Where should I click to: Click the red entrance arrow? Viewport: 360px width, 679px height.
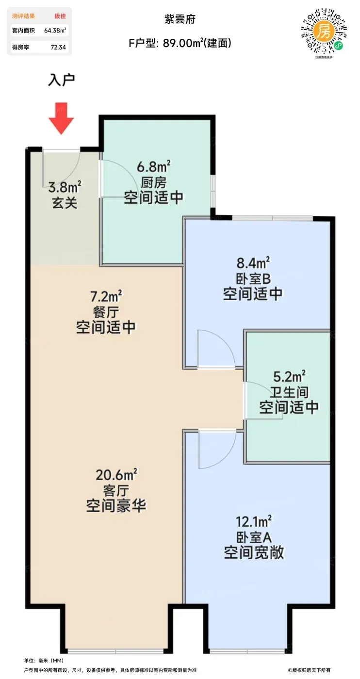61,118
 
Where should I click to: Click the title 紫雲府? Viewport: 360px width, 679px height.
180,19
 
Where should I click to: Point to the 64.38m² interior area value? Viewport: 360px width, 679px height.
55,30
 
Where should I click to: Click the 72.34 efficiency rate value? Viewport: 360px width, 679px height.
58,48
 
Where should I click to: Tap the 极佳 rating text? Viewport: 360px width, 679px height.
60,16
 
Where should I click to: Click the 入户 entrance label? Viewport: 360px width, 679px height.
61,80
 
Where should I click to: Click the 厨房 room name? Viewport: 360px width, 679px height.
153,183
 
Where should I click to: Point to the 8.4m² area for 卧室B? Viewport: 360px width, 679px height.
253,262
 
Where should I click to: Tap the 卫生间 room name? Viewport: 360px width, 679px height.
289,392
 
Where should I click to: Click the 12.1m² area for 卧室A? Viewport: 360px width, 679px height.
254,521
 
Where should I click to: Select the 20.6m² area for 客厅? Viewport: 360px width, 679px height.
116,475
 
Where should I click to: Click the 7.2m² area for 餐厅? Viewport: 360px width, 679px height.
106,296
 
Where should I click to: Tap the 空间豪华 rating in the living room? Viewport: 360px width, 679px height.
116,505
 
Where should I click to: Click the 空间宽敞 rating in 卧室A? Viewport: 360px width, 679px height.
254,552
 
